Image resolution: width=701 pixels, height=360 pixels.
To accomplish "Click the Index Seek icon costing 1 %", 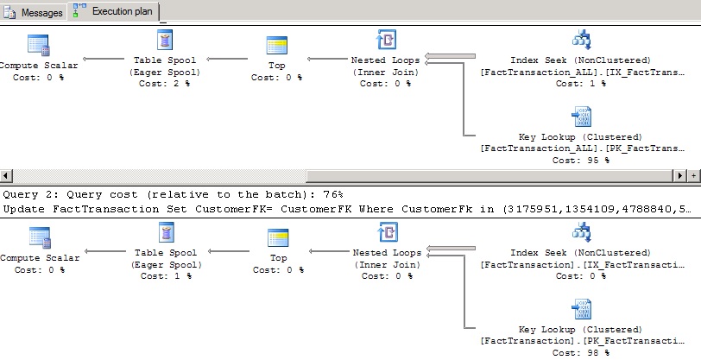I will (580, 41).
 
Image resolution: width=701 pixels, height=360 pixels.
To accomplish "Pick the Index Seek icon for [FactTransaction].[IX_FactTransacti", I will (580, 234).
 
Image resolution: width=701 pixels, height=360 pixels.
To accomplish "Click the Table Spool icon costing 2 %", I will (164, 41).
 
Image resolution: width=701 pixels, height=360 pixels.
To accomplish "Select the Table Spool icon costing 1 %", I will (164, 234).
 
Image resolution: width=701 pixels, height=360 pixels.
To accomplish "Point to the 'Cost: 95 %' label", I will (579, 160).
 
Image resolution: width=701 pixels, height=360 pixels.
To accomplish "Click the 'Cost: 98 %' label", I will (579, 352).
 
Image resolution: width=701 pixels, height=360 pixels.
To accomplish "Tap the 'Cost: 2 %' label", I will (164, 83).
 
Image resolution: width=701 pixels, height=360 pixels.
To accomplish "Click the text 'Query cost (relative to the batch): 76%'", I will (173, 195).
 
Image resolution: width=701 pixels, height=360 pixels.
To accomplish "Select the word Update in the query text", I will (22, 209).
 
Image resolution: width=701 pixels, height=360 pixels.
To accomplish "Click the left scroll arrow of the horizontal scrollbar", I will (6, 175).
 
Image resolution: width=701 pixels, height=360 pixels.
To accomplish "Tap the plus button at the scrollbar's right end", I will (696, 175).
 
